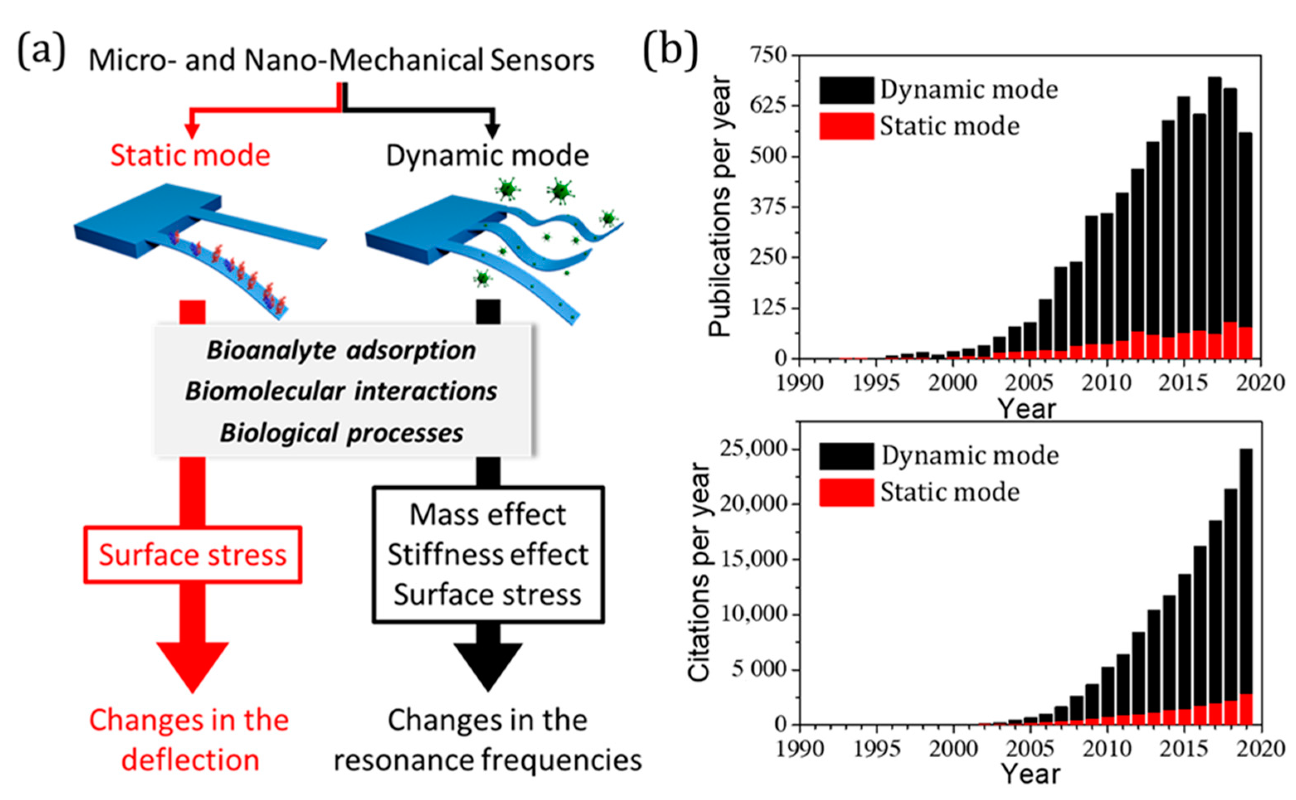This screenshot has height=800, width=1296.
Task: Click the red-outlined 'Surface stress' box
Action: (193, 555)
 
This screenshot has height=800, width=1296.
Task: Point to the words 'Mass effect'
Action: (487, 515)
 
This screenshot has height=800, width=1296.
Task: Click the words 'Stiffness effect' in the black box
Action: (487, 555)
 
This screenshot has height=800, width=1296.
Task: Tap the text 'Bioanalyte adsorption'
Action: (341, 350)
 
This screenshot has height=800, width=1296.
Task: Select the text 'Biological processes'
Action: (341, 433)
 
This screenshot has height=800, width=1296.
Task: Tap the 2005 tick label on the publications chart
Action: (1030, 382)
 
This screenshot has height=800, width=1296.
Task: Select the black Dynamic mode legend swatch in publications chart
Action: (846, 90)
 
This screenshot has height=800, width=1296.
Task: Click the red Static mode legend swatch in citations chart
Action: (846, 492)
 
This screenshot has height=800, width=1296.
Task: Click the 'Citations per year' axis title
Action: (699, 572)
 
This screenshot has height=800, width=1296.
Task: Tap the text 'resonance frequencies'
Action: (487, 760)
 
